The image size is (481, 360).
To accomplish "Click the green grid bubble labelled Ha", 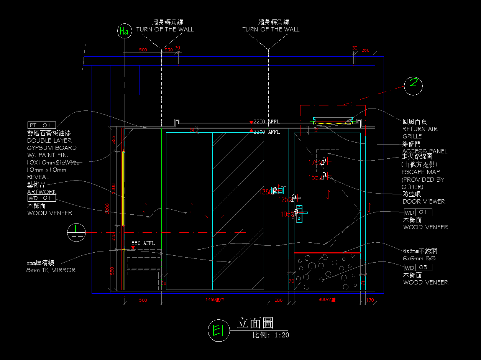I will click(x=124, y=31).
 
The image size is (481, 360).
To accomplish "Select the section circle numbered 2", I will click(x=413, y=85).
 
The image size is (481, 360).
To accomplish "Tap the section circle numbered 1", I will click(x=76, y=232).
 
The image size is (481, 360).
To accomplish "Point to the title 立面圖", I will click(x=255, y=323).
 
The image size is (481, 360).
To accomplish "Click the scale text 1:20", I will click(x=281, y=335).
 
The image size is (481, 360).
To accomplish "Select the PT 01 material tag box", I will click(x=42, y=125).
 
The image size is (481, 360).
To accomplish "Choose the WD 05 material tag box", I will click(x=418, y=267).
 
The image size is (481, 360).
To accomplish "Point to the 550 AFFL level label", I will click(x=143, y=243).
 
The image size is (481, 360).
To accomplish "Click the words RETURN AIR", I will click(x=420, y=129).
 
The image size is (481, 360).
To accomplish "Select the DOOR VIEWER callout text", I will click(x=424, y=201).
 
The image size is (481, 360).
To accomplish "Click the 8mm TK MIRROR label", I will click(x=51, y=270).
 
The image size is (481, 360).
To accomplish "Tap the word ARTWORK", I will click(x=41, y=192).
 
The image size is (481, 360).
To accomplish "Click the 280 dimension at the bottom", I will click(x=278, y=300).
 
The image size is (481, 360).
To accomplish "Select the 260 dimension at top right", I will click(x=365, y=50).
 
